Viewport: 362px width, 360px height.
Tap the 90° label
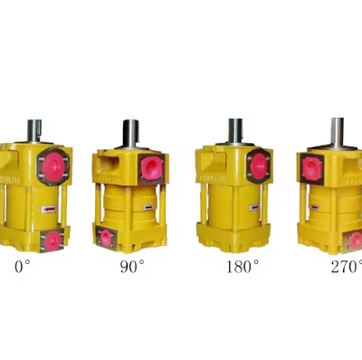click(x=132, y=266)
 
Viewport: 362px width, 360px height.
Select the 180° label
click(x=242, y=266)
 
